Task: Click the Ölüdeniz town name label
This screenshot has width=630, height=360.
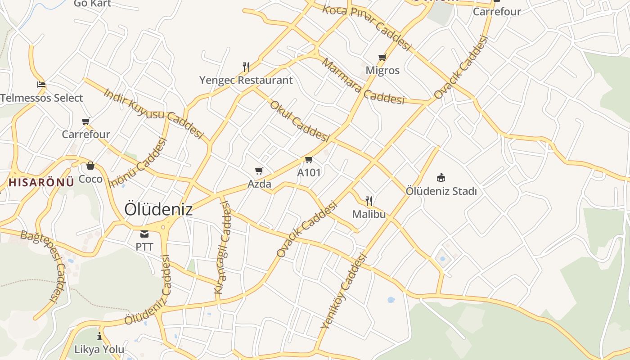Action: coord(158,209)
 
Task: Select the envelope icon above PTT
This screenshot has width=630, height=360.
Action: coord(144,234)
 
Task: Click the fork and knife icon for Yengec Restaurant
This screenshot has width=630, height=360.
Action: coord(246,67)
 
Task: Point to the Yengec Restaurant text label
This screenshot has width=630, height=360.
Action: coord(246,81)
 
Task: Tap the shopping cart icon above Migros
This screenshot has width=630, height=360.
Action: coord(382,57)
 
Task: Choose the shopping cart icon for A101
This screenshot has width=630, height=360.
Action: coord(309,160)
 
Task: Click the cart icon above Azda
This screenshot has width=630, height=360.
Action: coord(259,171)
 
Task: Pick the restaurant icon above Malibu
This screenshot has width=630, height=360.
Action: coord(369,201)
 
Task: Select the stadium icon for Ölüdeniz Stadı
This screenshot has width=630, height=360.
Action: coord(441,178)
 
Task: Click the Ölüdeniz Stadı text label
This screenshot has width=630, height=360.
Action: coord(441,191)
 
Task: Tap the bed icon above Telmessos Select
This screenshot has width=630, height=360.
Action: coord(41,84)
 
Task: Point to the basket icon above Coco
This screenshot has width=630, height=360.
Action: coord(90,166)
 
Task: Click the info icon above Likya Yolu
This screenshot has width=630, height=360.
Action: coord(99,336)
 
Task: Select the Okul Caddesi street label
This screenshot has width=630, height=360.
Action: coord(299,121)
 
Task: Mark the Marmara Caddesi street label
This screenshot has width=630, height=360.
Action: coord(363,81)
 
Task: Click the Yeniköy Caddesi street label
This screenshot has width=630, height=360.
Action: coord(344,291)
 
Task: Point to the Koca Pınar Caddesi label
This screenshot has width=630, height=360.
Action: coord(367,28)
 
